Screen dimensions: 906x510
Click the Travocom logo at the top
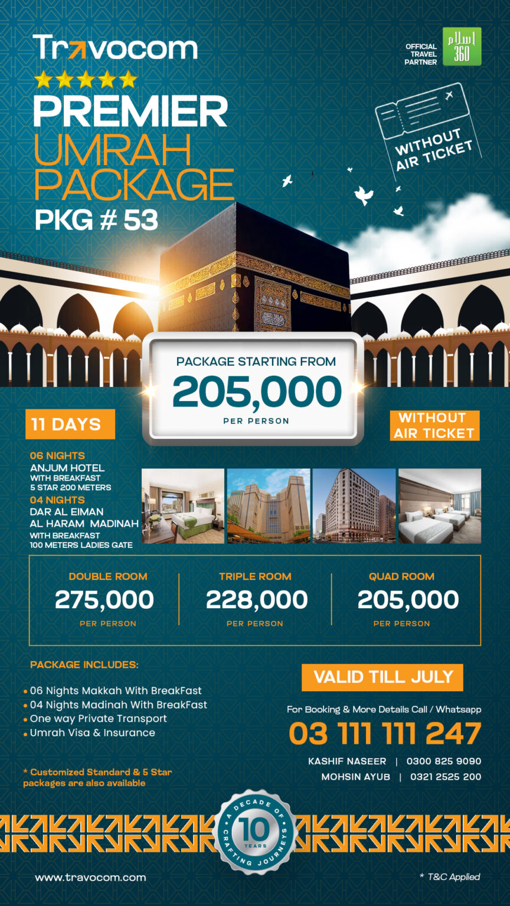point(115,48)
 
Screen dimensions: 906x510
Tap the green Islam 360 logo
point(462,47)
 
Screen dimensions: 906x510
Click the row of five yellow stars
point(86,80)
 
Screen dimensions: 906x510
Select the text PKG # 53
point(96,220)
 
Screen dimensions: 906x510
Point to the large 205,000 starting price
point(257,393)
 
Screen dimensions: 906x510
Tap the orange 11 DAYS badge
point(70,424)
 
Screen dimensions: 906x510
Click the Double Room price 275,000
point(104,600)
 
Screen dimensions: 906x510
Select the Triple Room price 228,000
point(256,600)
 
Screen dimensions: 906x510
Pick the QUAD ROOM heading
point(401,576)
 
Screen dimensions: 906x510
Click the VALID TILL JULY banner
point(382,677)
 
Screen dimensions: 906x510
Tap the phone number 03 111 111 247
point(385,734)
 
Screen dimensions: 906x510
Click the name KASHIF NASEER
point(347,761)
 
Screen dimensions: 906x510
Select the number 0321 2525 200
point(445,777)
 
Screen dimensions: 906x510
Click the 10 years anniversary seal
point(254,832)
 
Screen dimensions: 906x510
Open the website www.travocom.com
point(90,877)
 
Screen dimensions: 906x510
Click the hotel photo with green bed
point(183,506)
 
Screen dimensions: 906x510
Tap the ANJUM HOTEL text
point(67,468)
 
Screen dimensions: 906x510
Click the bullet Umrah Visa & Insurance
point(92,733)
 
